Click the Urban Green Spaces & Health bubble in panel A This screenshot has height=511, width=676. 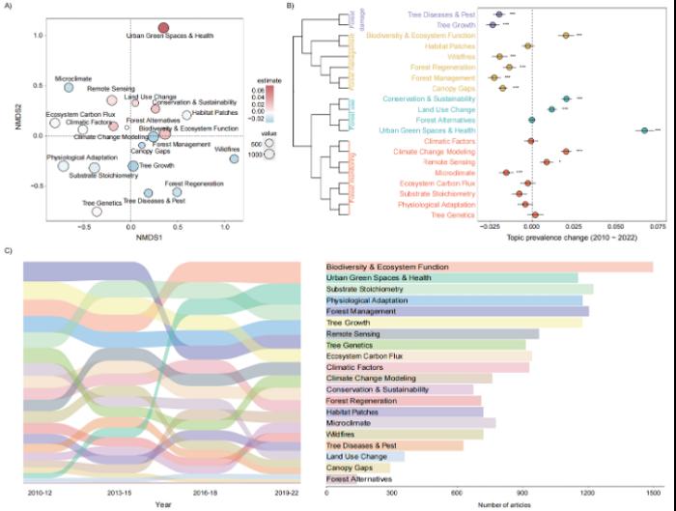point(164,27)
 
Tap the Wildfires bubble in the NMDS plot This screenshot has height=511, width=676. point(235,158)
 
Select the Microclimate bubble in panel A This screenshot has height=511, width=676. point(69,88)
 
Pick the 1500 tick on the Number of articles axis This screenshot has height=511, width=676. point(655,492)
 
